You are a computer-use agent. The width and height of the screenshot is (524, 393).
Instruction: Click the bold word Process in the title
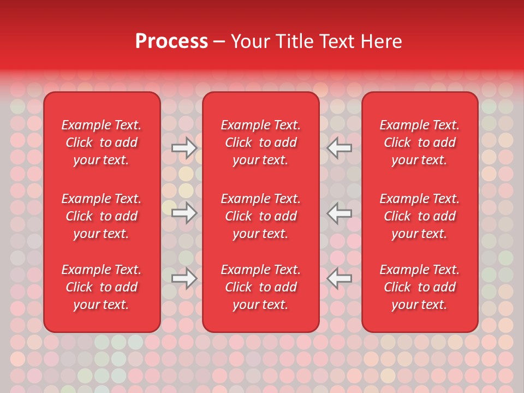click(x=171, y=41)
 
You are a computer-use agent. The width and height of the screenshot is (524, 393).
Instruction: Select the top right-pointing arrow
click(x=184, y=148)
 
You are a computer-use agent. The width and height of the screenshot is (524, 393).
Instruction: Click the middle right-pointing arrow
click(x=184, y=213)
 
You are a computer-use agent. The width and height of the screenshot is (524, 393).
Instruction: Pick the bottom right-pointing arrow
click(x=184, y=278)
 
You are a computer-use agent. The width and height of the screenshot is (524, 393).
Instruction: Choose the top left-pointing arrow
click(x=340, y=148)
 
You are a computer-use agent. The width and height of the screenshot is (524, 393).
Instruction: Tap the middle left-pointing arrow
click(x=340, y=213)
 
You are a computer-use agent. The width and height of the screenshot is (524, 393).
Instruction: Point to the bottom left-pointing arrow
click(x=340, y=278)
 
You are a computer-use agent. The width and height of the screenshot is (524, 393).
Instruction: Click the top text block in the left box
click(x=102, y=142)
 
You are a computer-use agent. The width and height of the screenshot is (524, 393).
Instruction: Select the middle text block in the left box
click(x=102, y=216)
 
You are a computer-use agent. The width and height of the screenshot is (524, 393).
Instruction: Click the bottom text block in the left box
click(x=102, y=287)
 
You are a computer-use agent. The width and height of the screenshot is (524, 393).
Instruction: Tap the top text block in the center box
click(x=261, y=142)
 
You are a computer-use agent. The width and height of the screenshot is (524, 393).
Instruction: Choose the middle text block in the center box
click(x=261, y=216)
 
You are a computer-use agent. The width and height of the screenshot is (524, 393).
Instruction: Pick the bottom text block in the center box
click(x=261, y=287)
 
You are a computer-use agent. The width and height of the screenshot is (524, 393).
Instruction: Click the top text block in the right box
click(x=420, y=142)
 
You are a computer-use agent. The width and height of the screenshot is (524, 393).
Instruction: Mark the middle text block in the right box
click(x=420, y=216)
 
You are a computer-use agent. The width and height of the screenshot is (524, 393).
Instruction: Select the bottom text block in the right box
click(x=420, y=287)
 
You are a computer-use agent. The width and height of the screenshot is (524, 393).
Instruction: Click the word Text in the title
click(x=336, y=41)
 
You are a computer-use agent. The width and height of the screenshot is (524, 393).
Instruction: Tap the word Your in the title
click(x=249, y=41)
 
